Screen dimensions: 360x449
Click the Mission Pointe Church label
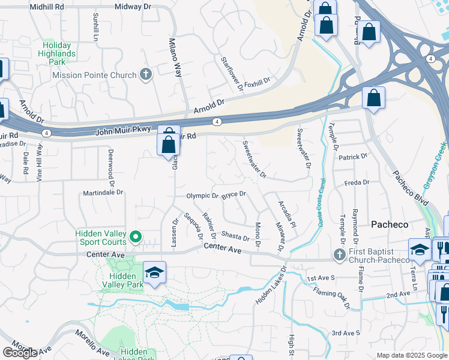[x=94, y=75]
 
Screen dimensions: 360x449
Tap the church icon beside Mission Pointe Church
[x=145, y=75]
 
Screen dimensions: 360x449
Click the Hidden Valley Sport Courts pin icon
[x=136, y=238]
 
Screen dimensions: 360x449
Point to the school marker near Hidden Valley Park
[x=154, y=273]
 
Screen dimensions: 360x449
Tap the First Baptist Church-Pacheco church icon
[x=339, y=256]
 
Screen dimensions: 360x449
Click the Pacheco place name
[x=389, y=224]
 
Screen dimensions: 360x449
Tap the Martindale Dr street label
[x=103, y=193]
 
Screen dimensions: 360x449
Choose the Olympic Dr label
[x=202, y=196]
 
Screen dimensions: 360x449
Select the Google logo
[x=20, y=353]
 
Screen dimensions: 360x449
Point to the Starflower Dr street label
[x=232, y=74]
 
